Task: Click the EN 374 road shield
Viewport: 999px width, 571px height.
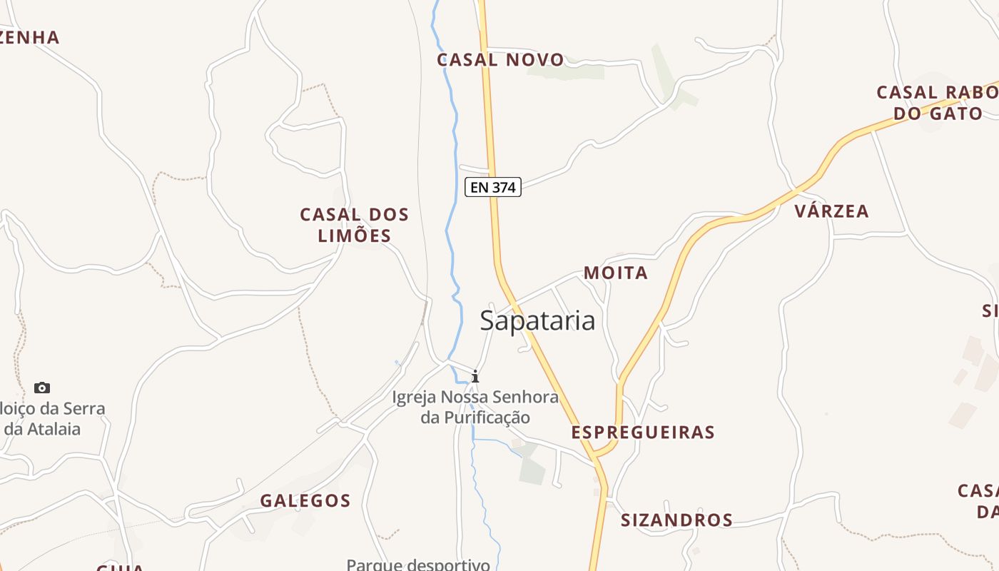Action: (x=493, y=187)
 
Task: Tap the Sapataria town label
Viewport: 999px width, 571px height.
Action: (x=537, y=320)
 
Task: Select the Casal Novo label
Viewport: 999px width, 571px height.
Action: (x=500, y=60)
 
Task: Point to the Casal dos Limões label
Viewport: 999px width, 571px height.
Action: (x=355, y=225)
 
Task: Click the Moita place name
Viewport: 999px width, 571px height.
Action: (x=616, y=273)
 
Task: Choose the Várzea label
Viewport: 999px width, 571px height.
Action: (x=832, y=211)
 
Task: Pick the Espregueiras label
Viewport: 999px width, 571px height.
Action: (x=643, y=433)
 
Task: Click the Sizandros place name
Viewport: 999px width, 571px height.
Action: (x=676, y=520)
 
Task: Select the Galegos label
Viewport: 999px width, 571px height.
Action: (x=305, y=501)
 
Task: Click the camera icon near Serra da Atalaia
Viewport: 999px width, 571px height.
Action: (x=42, y=388)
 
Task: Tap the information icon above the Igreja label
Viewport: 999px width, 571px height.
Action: (x=475, y=376)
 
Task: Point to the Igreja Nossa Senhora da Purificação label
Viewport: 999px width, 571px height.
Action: (x=475, y=407)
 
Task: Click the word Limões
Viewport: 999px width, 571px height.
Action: (x=355, y=236)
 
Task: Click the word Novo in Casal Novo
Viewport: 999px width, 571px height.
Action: (x=535, y=60)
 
